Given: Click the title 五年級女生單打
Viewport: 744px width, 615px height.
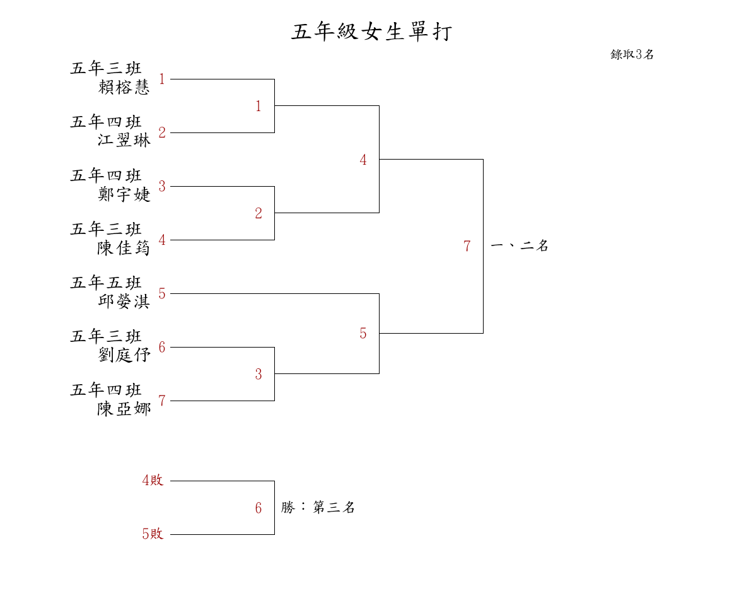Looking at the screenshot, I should click(371, 32).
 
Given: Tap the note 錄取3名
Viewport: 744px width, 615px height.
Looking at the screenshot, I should click(632, 54).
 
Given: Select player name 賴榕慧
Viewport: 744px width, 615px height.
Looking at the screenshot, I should click(124, 87).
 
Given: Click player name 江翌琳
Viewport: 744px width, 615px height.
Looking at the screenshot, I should click(124, 140).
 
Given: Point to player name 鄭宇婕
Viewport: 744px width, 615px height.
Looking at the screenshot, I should click(124, 194).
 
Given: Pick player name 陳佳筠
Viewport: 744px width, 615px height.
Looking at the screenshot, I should click(124, 248).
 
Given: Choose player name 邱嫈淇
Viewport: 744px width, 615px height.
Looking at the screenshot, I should click(124, 302).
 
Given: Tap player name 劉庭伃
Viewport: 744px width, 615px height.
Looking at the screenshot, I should click(124, 355).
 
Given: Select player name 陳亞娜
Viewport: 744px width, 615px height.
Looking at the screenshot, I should click(124, 409).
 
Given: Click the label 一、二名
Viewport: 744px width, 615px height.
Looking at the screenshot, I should click(520, 246).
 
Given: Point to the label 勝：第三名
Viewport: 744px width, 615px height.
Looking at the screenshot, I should click(318, 507).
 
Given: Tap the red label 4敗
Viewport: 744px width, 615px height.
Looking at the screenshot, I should click(153, 481).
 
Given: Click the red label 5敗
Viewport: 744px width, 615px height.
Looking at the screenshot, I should click(153, 534).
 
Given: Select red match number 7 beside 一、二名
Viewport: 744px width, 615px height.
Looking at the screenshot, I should click(467, 247).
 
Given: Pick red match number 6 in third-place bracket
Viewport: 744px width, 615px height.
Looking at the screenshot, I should click(258, 508).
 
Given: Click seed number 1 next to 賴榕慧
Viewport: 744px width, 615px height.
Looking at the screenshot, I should click(162, 79).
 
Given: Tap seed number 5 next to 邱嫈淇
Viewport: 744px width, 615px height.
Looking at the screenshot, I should click(162, 294).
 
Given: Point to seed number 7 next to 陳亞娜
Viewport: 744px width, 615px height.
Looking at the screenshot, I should click(162, 401).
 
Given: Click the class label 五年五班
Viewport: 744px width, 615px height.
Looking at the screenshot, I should click(106, 283).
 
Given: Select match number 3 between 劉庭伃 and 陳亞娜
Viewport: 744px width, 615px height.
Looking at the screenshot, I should click(258, 375).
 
